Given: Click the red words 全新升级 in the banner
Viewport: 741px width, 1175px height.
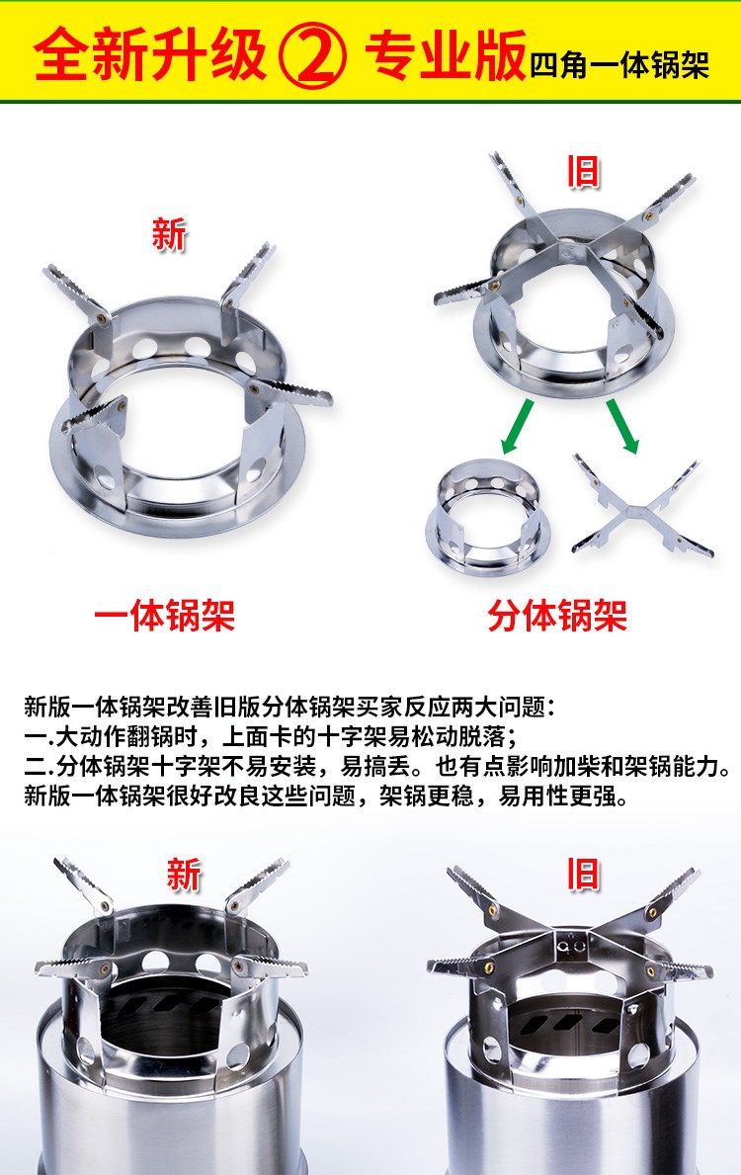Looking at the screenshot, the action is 150,55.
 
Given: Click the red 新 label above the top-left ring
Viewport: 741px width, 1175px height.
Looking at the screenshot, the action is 168,234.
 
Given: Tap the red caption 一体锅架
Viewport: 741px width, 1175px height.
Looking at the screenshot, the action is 164,616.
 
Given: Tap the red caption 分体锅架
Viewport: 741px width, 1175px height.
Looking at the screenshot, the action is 556,616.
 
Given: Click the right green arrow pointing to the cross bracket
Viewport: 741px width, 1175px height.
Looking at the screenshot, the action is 622,427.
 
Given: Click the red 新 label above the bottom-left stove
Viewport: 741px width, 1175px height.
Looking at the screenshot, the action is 184,875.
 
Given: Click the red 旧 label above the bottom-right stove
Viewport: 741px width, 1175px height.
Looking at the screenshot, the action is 582,875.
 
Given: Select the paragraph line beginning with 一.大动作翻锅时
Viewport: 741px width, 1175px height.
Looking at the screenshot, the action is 270,736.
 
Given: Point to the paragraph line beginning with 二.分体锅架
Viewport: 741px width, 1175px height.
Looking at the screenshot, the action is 377,766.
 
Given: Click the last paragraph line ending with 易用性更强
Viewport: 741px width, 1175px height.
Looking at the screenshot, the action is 326,796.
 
